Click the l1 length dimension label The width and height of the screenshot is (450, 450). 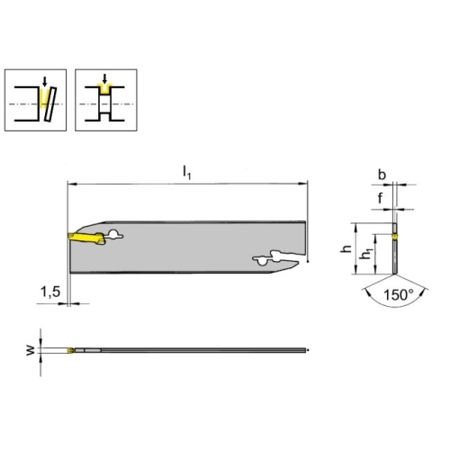tap(186, 173)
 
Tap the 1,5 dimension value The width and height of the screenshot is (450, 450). tap(50, 292)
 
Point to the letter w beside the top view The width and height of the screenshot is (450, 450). tap(31, 350)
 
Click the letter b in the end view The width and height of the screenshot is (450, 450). tap(382, 175)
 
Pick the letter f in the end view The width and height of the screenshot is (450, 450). tap(381, 198)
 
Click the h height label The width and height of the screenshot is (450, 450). tap(346, 248)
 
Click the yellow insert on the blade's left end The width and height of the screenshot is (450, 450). tap(86, 238)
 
